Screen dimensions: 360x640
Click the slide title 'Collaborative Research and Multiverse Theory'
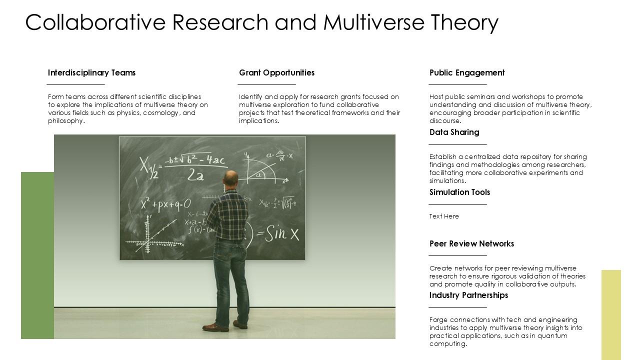pyautogui.click(x=261, y=22)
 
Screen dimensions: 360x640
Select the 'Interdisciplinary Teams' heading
pyautogui.click(x=91, y=73)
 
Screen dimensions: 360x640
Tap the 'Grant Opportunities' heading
pyautogui.click(x=276, y=73)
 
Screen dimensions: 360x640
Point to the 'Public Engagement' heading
pyautogui.click(x=466, y=73)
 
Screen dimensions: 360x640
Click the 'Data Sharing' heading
pyautogui.click(x=454, y=132)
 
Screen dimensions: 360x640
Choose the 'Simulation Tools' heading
pyautogui.click(x=459, y=192)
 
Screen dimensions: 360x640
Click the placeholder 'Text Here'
pyautogui.click(x=444, y=216)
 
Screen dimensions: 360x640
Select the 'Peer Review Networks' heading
pyautogui.click(x=471, y=244)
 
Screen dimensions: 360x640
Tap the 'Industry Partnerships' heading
pyautogui.click(x=468, y=295)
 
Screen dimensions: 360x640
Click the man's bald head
pyautogui.click(x=230, y=177)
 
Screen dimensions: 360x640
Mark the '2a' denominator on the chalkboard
pyautogui.click(x=195, y=175)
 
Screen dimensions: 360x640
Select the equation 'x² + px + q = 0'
pyautogui.click(x=165, y=204)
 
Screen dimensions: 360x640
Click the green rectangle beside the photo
pyautogui.click(x=37, y=255)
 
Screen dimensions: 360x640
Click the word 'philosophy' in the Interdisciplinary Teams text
pyautogui.click(x=65, y=121)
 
